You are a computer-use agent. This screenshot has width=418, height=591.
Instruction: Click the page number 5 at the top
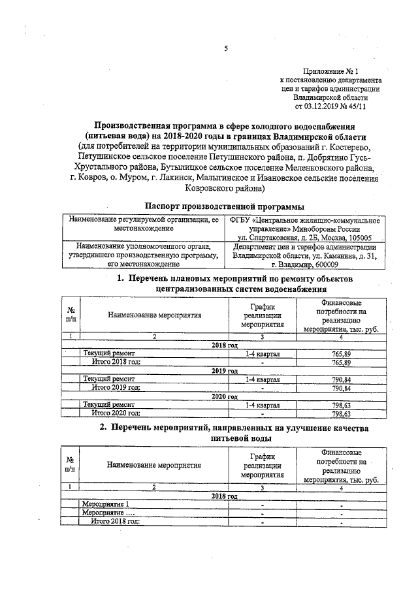click(x=225, y=48)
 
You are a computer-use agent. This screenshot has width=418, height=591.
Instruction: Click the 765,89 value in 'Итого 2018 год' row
click(x=342, y=362)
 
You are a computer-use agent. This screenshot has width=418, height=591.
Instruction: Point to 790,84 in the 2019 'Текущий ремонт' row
click(x=342, y=379)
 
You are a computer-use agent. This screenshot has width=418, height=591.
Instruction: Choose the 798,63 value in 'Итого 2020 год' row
click(x=342, y=413)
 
